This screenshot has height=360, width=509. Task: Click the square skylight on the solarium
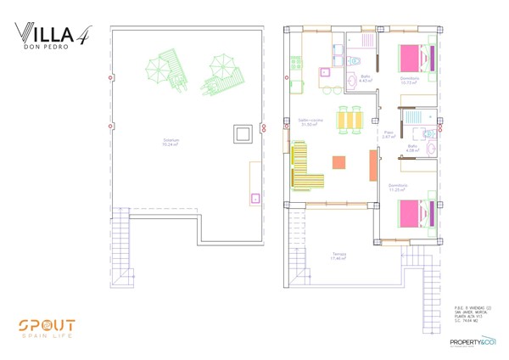point(241,133)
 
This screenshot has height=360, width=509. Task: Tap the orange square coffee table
point(339,162)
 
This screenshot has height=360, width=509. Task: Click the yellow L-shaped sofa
point(306,168)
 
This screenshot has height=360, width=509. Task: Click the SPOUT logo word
point(48,325)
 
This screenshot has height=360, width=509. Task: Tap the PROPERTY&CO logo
point(473,341)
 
